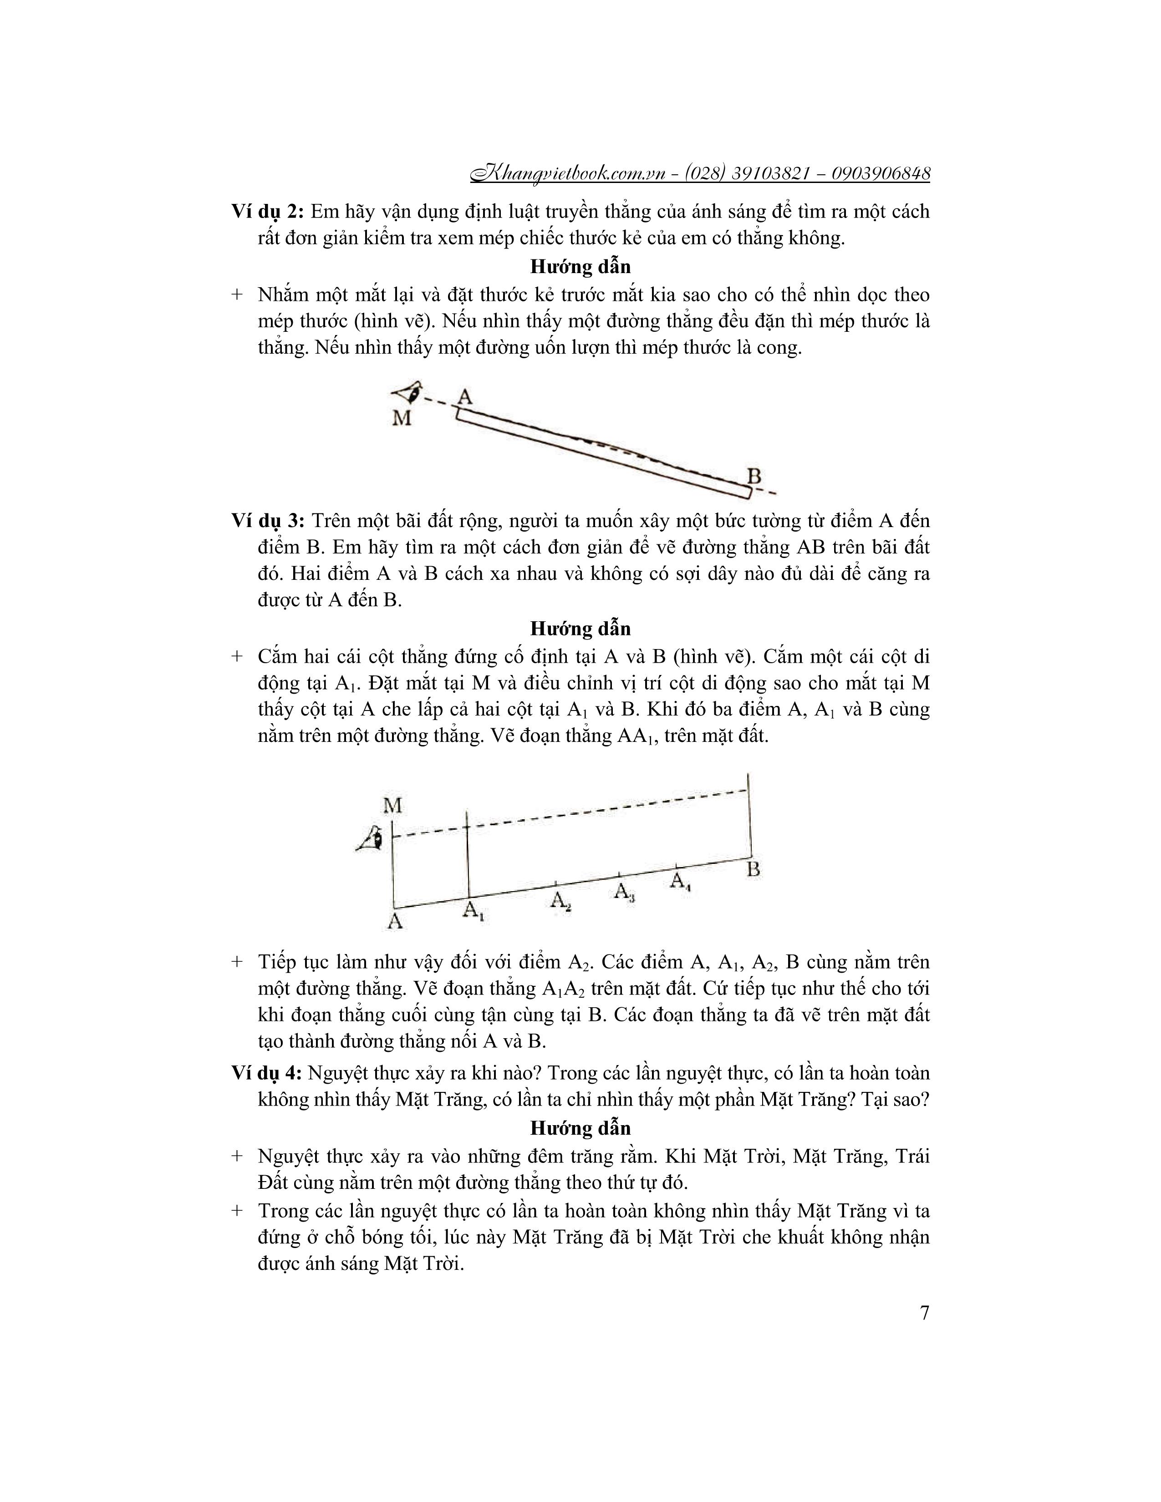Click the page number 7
pos(924,1313)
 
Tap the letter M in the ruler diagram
pos(402,417)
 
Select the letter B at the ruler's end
pos(754,476)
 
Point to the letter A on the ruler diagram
pos(465,397)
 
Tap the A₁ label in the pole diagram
pos(473,911)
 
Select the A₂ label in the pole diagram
pos(560,901)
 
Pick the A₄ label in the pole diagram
pos(680,881)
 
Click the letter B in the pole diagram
pos(754,869)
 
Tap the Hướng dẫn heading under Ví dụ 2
pos(580,266)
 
